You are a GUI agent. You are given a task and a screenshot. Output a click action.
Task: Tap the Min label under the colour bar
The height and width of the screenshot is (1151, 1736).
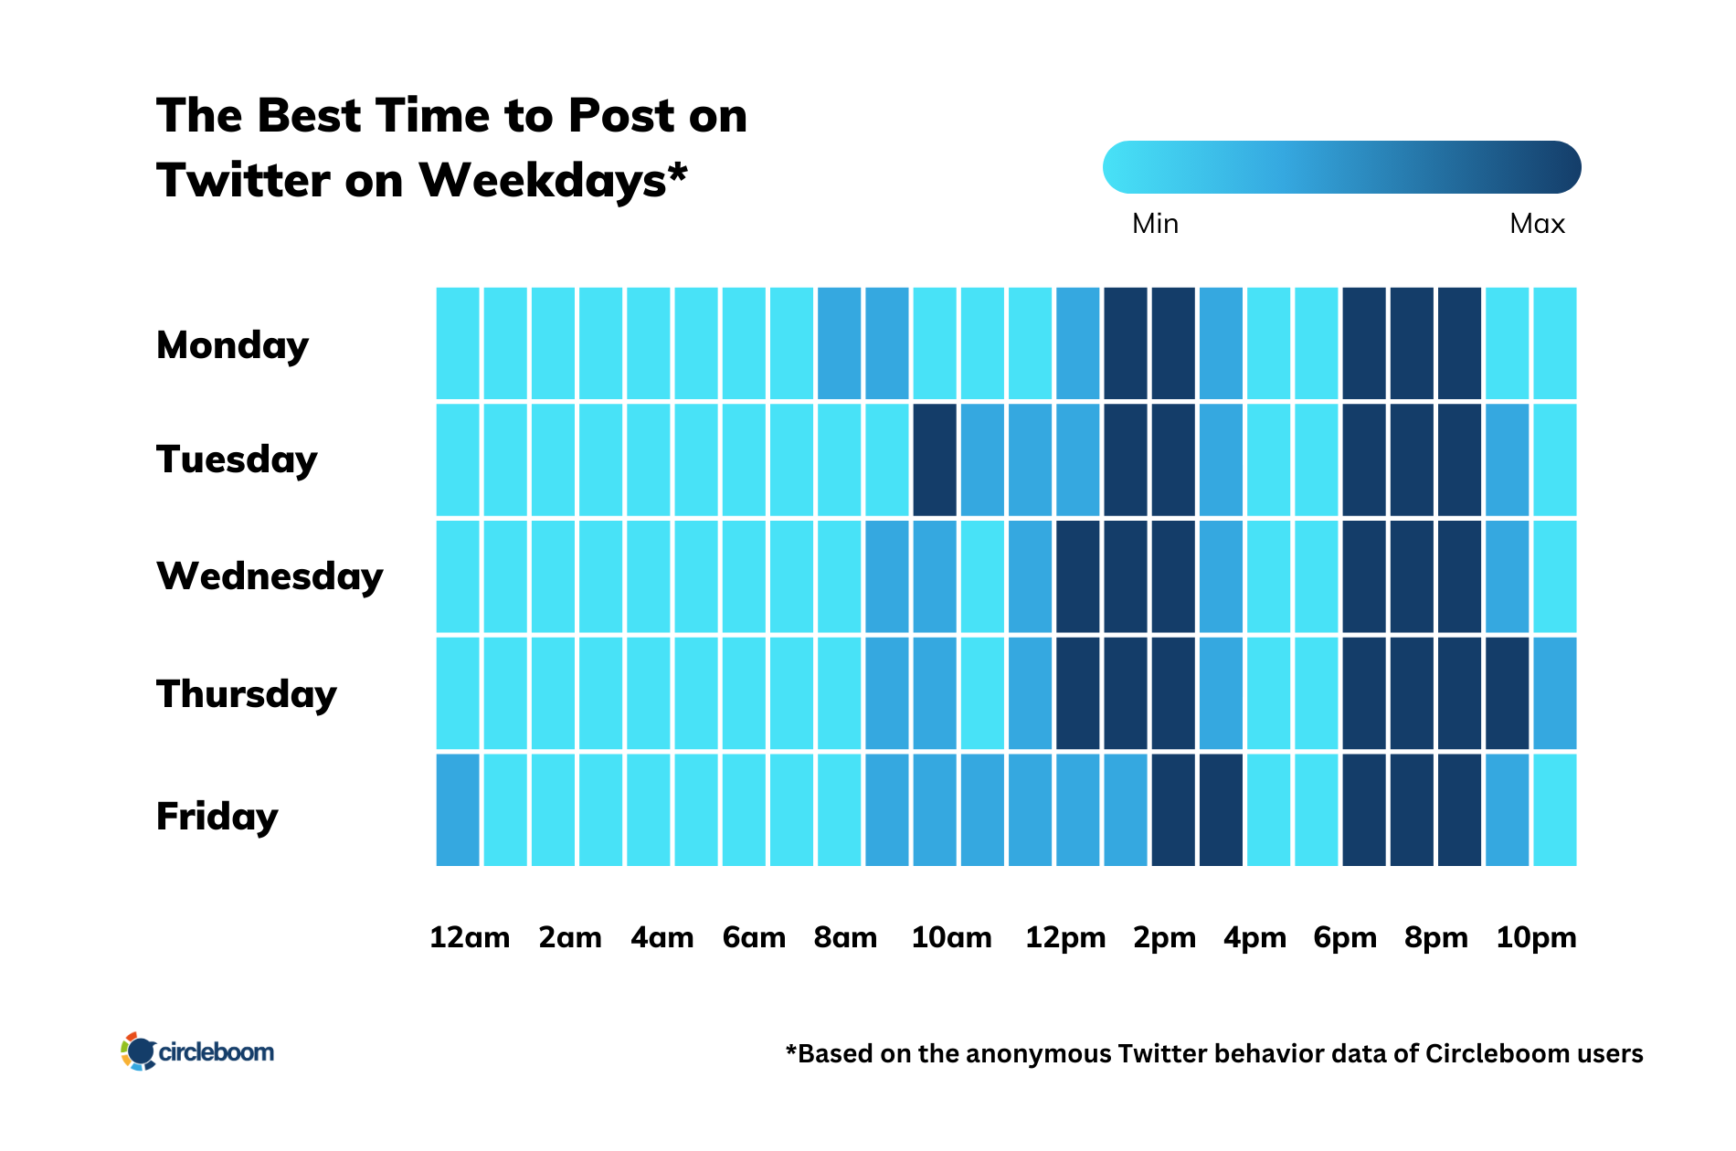pyautogui.click(x=1155, y=224)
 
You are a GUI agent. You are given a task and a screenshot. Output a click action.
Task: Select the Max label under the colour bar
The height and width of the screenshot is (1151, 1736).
pyautogui.click(x=1537, y=224)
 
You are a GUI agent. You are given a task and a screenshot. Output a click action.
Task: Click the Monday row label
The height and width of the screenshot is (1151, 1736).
pyautogui.click(x=233, y=346)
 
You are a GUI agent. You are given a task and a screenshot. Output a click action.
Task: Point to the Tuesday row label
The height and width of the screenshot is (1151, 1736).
pyautogui.click(x=237, y=459)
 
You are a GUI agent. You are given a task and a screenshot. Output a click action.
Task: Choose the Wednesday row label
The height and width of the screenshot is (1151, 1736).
pyautogui.click(x=270, y=576)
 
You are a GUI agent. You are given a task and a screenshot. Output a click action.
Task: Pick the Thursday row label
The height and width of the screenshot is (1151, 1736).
pyautogui.click(x=247, y=694)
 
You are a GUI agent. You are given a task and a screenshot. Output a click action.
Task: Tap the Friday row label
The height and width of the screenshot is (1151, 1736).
pyautogui.click(x=217, y=817)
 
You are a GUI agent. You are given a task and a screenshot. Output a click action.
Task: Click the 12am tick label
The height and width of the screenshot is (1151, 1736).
pyautogui.click(x=470, y=937)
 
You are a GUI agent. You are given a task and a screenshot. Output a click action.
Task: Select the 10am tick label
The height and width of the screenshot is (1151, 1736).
pyautogui.click(x=951, y=937)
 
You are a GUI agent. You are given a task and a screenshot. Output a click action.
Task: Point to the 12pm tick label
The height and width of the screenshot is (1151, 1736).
pyautogui.click(x=1065, y=937)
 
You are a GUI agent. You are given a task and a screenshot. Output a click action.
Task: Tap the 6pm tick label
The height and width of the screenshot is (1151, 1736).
pyautogui.click(x=1345, y=937)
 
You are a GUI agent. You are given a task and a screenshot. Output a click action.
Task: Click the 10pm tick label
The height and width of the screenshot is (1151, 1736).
pyautogui.click(x=1536, y=937)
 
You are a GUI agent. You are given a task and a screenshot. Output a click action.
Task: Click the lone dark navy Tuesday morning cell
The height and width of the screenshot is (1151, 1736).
pyautogui.click(x=935, y=459)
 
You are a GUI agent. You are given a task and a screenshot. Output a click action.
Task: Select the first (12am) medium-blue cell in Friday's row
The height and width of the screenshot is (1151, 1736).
pyautogui.click(x=458, y=809)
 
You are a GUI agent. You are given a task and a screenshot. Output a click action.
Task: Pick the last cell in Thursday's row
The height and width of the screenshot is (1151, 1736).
pyautogui.click(x=1554, y=693)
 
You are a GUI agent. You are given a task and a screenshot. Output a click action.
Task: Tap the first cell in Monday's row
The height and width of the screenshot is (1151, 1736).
pyautogui.click(x=458, y=343)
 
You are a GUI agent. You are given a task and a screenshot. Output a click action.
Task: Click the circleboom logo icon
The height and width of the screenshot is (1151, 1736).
pyautogui.click(x=139, y=1051)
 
